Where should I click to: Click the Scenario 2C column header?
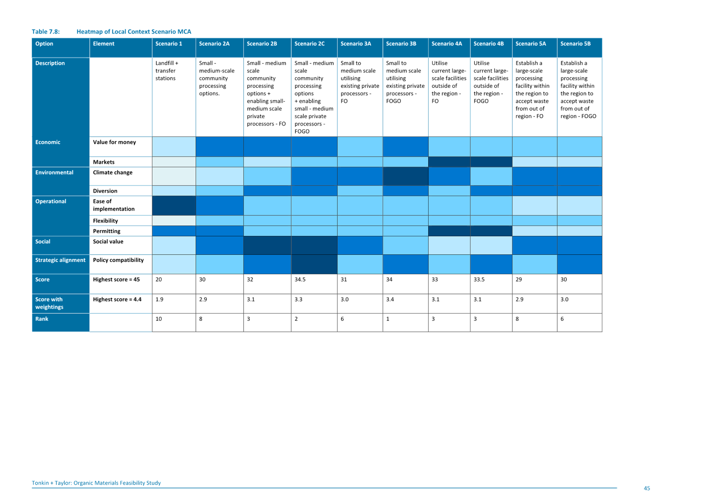[309, 44]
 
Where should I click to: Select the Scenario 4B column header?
[488, 44]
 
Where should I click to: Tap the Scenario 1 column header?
[168, 44]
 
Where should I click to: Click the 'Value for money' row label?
[115, 142]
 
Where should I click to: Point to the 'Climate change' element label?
[113, 172]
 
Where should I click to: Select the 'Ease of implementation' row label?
[114, 205]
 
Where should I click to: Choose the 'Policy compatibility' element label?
[118, 260]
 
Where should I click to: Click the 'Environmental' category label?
[54, 172]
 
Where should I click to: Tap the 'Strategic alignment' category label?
[60, 260]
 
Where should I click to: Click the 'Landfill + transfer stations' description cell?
[167, 71]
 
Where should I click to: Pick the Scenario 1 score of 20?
[159, 279]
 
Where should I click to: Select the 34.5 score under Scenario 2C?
[300, 279]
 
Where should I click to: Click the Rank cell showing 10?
[159, 319]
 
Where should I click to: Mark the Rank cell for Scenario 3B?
[388, 319]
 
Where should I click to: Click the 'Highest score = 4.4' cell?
[117, 299]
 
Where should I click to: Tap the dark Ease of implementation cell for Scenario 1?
[174, 206]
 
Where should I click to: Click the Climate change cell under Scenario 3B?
[405, 176]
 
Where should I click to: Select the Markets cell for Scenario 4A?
[449, 162]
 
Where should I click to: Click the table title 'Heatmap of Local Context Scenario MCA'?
[134, 32]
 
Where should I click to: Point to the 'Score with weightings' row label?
[49, 303]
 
